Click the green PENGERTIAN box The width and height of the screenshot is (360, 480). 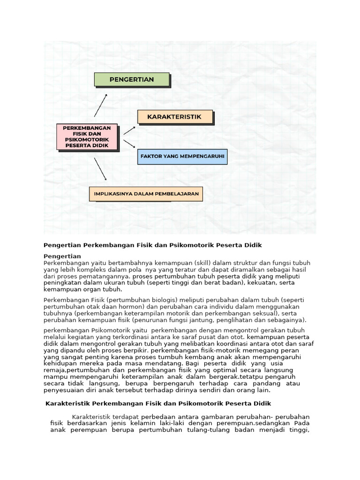coord(131,80)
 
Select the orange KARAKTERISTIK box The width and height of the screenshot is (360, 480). coord(174,117)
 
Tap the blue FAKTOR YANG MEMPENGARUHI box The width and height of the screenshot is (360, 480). coord(182,156)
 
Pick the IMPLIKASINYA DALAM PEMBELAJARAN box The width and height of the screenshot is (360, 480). coord(146,194)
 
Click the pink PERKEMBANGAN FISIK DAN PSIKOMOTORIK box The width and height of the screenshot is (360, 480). coord(87,136)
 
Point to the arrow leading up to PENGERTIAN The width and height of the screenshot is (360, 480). coord(100,105)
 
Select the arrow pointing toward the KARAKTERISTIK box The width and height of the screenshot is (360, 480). coord(129,130)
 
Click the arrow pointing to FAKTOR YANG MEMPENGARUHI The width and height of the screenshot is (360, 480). coord(129,143)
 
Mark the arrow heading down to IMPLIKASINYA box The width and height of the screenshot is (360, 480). coord(100,169)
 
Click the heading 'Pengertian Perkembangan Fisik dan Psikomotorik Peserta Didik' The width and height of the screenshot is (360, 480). coord(152,245)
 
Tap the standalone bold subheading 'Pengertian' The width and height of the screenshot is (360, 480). coord(62,256)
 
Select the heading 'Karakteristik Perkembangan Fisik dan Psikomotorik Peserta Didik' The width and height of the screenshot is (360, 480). coord(158,403)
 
